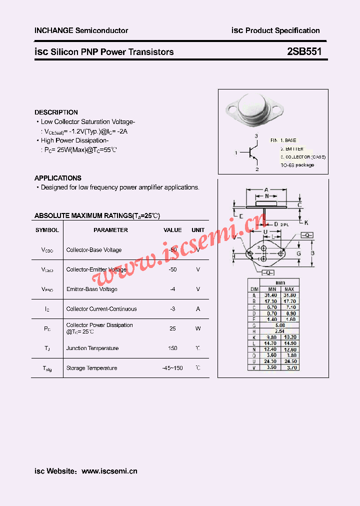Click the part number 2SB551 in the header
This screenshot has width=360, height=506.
tap(304, 51)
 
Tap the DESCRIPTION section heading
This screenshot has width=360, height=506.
tap(56, 112)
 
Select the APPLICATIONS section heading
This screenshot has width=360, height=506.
tap(58, 178)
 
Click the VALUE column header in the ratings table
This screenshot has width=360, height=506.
tap(173, 230)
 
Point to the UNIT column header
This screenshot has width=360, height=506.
tap(198, 230)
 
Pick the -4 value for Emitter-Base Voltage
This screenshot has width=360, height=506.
tap(173, 289)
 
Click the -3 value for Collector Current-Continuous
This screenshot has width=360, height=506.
tap(173, 309)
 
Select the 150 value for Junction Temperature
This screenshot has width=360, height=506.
tap(173, 348)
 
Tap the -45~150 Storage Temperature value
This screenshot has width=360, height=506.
tap(172, 368)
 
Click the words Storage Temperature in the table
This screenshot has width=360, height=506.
tap(91, 368)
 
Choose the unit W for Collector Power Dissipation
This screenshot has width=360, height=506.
tap(198, 328)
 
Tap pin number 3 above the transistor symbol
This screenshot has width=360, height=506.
tap(256, 136)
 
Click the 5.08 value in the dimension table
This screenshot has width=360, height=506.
tap(280, 325)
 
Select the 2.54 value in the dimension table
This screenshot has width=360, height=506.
tap(280, 331)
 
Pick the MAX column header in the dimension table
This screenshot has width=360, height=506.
tap(289, 289)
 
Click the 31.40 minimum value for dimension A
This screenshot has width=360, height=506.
tap(271, 295)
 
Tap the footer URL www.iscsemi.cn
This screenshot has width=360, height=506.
tap(109, 471)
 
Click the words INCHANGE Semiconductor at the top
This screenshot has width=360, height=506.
tap(81, 30)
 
